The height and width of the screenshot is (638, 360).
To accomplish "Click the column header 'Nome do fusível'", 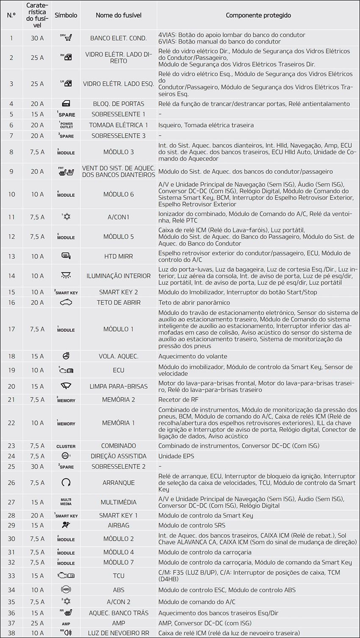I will [118, 15].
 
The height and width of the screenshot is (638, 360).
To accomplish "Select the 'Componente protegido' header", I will [258, 15].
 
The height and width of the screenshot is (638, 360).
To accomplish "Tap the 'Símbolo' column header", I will [66, 15].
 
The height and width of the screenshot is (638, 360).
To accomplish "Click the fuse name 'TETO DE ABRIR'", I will [118, 303].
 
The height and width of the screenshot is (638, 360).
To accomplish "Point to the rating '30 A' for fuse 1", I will [37, 38].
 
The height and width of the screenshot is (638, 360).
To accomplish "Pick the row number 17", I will [11, 329].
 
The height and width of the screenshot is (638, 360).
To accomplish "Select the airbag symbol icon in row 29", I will [66, 525].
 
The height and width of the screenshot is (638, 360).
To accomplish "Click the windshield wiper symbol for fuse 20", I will [66, 386].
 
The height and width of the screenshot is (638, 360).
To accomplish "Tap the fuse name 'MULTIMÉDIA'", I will [118, 502].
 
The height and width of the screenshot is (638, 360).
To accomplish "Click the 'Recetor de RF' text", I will [178, 400].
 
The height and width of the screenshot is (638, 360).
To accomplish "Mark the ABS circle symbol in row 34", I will [66, 590].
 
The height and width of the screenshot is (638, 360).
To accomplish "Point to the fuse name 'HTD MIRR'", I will [118, 257].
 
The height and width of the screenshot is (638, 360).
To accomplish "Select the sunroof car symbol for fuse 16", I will [66, 302].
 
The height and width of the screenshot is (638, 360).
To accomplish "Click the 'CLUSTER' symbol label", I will [66, 446].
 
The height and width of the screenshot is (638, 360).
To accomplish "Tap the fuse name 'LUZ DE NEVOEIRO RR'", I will [118, 633].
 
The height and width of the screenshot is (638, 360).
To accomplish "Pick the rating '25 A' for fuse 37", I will [37, 623].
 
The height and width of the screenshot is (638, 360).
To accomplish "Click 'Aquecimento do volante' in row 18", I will [193, 356].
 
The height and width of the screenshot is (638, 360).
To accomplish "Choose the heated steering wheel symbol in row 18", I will [66, 356].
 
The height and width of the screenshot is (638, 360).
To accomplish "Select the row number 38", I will [11, 633].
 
